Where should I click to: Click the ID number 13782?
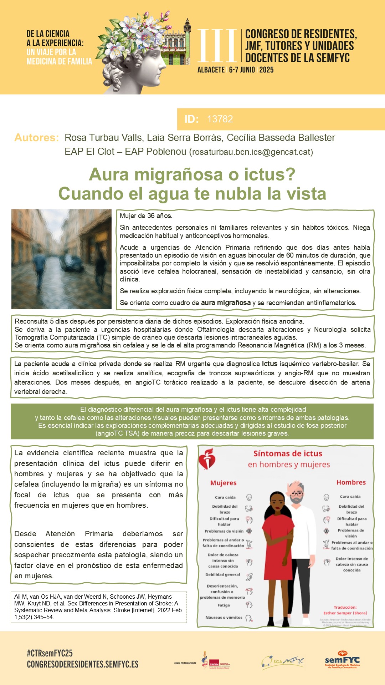click(x=220, y=119)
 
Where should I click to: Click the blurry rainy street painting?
click(x=61, y=259)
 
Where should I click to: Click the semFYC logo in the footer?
click(x=342, y=661)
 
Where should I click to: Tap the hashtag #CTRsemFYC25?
click(x=50, y=653)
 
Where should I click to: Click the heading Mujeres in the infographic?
click(x=223, y=483)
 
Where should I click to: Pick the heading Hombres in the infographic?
click(x=351, y=482)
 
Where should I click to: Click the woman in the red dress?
click(x=278, y=557)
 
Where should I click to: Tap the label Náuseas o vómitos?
click(x=224, y=618)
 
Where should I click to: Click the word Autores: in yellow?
click(x=36, y=138)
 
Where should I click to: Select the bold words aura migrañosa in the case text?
click(x=226, y=303)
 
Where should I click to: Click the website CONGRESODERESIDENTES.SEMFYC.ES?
click(x=83, y=664)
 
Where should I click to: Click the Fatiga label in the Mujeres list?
click(x=224, y=605)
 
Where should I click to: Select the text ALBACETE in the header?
click(x=211, y=70)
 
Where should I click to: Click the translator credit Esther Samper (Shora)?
click(x=345, y=613)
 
